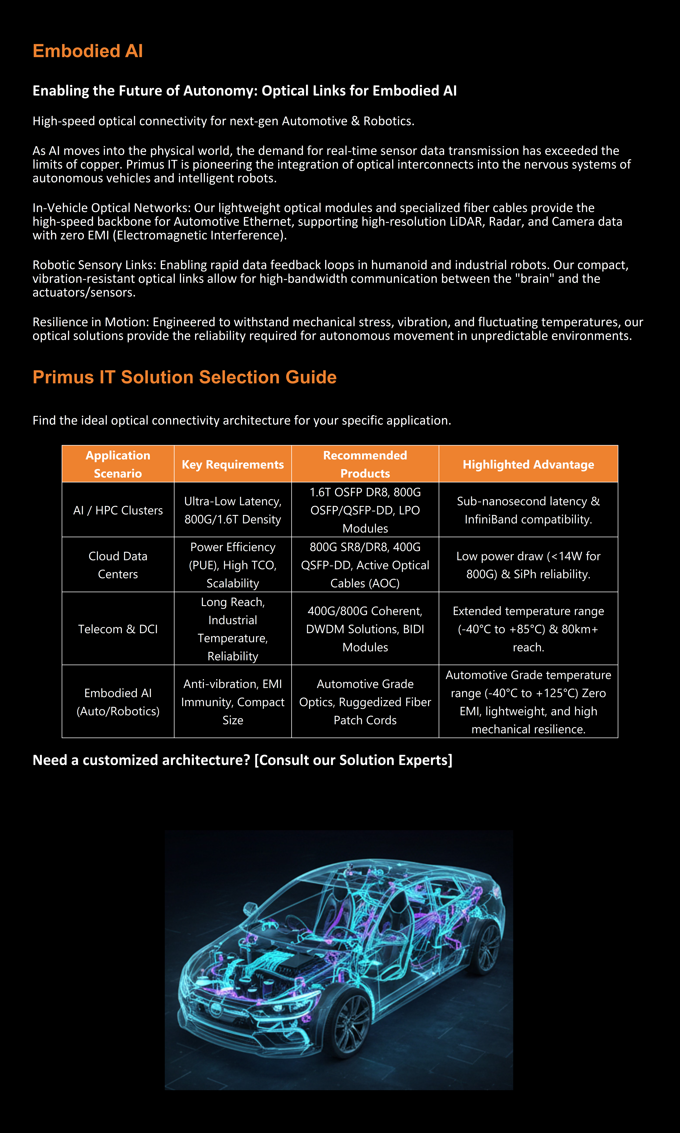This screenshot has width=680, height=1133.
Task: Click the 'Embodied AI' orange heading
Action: [x=88, y=51]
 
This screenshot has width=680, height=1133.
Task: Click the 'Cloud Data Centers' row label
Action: [x=118, y=565]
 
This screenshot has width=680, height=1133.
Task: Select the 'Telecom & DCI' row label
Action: [x=118, y=629]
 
